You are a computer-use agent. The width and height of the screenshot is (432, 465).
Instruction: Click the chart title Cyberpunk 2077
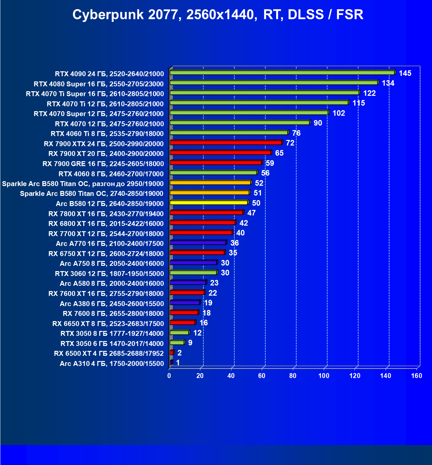pos(218,15)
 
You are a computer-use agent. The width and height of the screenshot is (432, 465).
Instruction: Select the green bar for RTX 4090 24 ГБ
pos(282,73)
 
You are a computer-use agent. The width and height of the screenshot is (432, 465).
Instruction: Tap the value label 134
pos(388,83)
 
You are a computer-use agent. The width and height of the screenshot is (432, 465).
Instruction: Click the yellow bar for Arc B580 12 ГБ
pos(209,203)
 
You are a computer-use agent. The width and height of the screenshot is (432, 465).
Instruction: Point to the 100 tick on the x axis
pos(324,376)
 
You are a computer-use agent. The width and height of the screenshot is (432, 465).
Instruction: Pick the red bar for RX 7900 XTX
pos(226,143)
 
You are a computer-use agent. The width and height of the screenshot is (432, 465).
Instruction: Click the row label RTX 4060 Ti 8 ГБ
pos(107,134)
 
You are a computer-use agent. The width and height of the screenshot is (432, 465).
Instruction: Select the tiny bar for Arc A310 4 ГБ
pos(171,363)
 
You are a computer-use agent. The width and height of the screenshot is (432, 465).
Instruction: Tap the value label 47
pos(251,213)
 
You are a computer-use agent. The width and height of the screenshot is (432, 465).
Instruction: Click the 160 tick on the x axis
pos(417,376)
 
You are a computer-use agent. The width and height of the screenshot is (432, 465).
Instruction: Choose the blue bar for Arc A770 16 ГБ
pos(198,243)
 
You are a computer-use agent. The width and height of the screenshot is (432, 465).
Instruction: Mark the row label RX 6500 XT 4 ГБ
pos(109,353)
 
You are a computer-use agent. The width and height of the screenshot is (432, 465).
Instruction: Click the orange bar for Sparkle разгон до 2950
pos(210,183)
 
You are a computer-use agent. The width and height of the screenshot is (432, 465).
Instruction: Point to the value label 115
pos(358,103)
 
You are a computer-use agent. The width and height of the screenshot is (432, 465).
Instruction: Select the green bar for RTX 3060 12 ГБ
pos(193,273)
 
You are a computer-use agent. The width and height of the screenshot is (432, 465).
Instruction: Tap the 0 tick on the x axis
pos(169,376)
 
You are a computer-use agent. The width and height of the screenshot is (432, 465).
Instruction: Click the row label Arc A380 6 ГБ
pos(112,303)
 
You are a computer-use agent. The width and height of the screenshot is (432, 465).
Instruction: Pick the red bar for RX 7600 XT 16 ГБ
pos(187,293)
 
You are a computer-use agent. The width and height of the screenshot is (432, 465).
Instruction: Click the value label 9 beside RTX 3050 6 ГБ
pos(190,343)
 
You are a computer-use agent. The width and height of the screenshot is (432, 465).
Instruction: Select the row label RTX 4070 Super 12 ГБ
pos(99,114)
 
